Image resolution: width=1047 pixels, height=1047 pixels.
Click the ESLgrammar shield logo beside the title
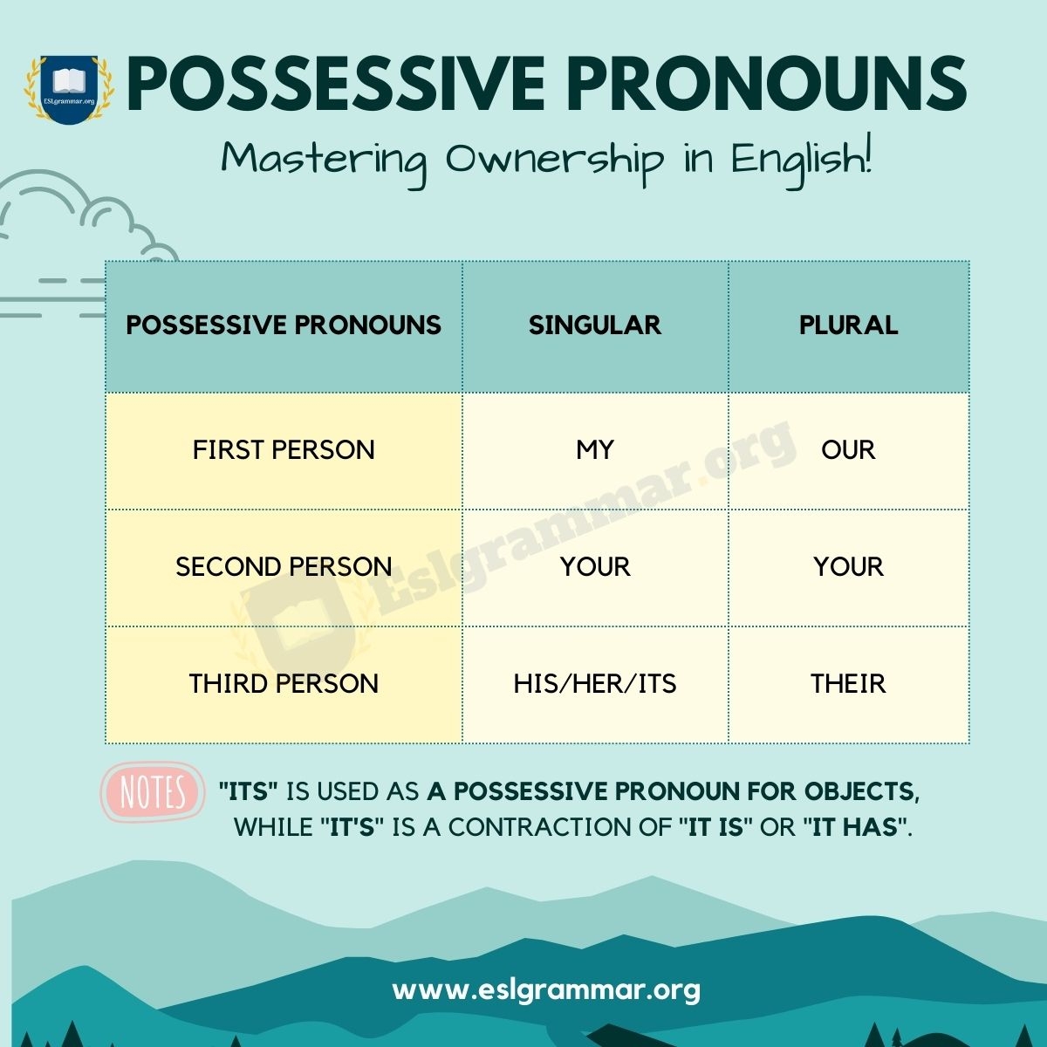coord(69,88)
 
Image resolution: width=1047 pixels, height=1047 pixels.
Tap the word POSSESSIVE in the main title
coord(337,85)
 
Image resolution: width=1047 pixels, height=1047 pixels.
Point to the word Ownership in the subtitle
coord(555,161)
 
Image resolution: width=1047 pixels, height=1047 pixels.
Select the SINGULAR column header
coord(595,325)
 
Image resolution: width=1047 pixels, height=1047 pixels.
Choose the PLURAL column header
coord(848,325)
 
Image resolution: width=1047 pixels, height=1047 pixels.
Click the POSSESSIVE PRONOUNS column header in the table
coord(284,325)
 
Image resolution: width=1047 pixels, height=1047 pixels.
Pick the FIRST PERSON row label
coord(284,450)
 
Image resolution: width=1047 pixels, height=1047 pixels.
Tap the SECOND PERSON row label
coord(284,567)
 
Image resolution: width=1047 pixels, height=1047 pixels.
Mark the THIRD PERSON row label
coord(284,684)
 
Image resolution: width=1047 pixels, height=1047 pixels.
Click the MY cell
coord(595,450)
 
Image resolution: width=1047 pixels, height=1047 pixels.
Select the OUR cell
coord(848,450)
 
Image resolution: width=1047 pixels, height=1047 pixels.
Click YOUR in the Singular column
coord(595,567)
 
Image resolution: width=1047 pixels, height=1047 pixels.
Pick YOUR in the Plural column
coord(848,567)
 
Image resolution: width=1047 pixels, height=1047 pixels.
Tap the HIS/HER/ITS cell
coord(595,684)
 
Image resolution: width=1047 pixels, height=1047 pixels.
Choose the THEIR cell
coord(848,684)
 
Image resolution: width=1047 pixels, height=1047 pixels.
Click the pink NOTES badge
coord(153,793)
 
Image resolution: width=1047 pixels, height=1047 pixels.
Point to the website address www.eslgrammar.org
coord(546,990)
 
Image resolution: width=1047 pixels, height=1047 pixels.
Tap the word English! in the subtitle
coord(801,161)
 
